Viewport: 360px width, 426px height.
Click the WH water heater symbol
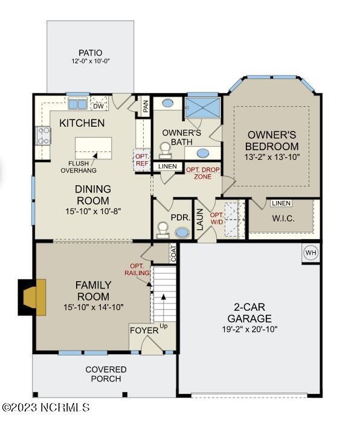[310, 253]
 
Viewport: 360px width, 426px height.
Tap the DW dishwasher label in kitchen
[97, 106]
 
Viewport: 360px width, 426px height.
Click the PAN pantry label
[146, 107]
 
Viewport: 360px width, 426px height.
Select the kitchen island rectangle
[93, 147]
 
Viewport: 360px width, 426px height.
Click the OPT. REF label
[141, 159]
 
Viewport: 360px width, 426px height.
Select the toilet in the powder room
[162, 229]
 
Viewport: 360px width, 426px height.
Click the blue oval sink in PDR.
[181, 232]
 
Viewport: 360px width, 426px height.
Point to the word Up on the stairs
[163, 326]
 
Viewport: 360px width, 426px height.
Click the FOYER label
[144, 330]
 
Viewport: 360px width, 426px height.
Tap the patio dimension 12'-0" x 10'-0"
[90, 62]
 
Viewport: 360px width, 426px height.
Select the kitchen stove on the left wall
[43, 136]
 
